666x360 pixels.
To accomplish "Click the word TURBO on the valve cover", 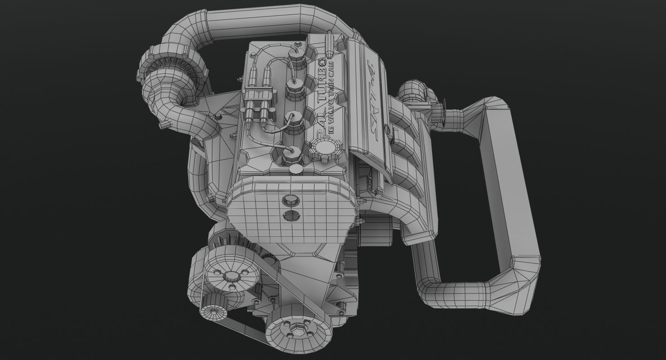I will [x=323, y=85].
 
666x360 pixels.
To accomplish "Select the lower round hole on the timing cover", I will [x=291, y=216].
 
